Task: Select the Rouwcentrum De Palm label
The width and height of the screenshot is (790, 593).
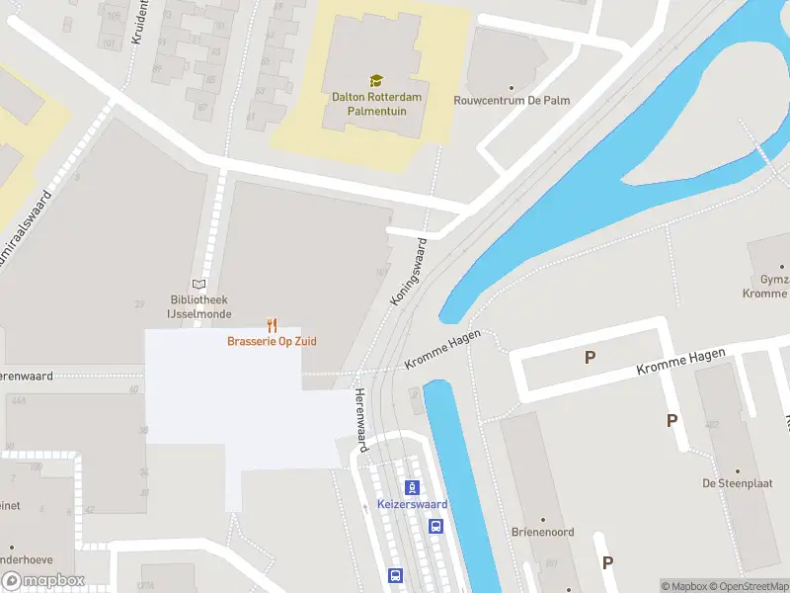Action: tap(512, 100)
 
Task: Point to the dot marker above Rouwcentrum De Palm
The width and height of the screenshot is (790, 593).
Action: tap(512, 86)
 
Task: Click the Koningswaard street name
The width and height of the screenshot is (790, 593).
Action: tap(408, 271)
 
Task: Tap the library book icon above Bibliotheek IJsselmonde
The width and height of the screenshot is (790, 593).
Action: tap(198, 284)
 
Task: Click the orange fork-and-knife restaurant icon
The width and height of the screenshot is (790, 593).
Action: tap(272, 325)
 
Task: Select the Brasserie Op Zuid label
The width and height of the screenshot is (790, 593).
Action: tap(272, 342)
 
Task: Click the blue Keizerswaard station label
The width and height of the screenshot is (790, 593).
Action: tap(413, 504)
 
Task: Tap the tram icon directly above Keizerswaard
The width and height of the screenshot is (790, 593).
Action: tap(413, 487)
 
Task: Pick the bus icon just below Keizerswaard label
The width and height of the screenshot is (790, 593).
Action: tap(435, 526)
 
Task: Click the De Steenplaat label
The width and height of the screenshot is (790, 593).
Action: tap(736, 483)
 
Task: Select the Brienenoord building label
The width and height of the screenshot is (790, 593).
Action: tap(542, 532)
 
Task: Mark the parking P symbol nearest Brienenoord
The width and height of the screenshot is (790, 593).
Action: tap(607, 562)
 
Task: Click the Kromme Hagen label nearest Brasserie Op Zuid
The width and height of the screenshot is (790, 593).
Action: tap(443, 352)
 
